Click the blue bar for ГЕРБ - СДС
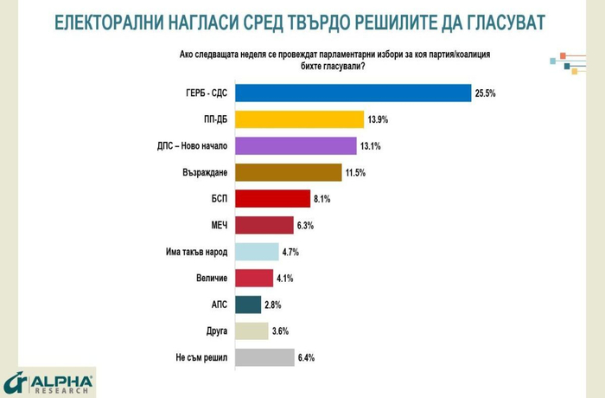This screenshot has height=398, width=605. (353, 93)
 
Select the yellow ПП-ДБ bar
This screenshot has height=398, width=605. (299, 120)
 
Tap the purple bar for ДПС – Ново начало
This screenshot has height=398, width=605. (296, 146)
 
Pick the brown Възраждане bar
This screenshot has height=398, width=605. (289, 173)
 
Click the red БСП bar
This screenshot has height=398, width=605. (272, 199)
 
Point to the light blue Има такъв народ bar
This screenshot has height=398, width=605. (257, 252)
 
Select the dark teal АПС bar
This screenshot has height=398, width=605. (248, 305)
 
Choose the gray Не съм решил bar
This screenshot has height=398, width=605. (264, 357)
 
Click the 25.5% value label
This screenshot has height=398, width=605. (484, 93)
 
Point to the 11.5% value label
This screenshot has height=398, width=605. (355, 173)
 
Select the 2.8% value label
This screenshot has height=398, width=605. (272, 305)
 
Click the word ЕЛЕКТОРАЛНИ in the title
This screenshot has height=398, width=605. (112, 21)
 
